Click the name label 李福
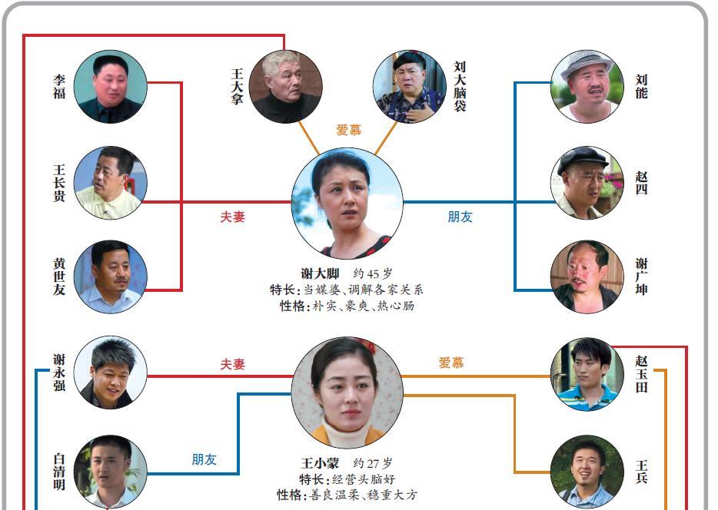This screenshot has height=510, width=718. tap(59, 87)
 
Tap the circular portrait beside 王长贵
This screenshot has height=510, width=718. tap(111, 183)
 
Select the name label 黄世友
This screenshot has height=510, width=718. tap(59, 277)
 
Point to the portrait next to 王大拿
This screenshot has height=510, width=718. tap(286, 87)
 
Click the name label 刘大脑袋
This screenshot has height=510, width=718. tap(460, 87)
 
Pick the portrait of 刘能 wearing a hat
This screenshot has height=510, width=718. tap(587, 87)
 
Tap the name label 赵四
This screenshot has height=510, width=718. tap(641, 183)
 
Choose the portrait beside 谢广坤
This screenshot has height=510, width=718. tap(587, 277)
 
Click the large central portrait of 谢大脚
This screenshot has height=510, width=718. tap(347, 203)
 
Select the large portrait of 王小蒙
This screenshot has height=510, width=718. tap(347, 392)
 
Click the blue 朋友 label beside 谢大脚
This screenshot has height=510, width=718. tap(460, 217)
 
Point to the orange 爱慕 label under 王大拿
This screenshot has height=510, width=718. tap(349, 130)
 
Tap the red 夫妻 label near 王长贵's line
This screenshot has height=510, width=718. tap(233, 217)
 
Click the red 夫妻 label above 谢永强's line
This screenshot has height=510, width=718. tap(233, 364)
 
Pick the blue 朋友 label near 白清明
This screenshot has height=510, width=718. tap(204, 459)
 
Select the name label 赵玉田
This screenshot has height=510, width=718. tap(641, 374)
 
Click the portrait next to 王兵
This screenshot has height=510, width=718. tap(587, 472)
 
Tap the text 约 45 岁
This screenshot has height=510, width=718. tap(373, 273)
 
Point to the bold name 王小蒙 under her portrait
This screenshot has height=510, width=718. tap(320, 463)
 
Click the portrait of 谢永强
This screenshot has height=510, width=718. tap(111, 373)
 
